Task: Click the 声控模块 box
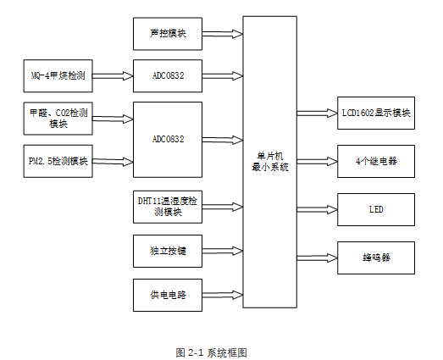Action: [168, 33]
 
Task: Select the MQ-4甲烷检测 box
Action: [57, 76]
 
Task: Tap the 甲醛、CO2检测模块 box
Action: [58, 118]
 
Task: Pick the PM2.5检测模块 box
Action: [58, 160]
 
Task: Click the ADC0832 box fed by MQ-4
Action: [168, 76]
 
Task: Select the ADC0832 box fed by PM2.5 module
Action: [168, 138]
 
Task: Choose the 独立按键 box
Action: [168, 251]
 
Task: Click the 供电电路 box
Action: [168, 295]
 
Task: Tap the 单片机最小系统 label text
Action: [270, 162]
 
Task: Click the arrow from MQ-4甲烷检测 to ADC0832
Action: [113, 76]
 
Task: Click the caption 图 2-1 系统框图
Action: [211, 351]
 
